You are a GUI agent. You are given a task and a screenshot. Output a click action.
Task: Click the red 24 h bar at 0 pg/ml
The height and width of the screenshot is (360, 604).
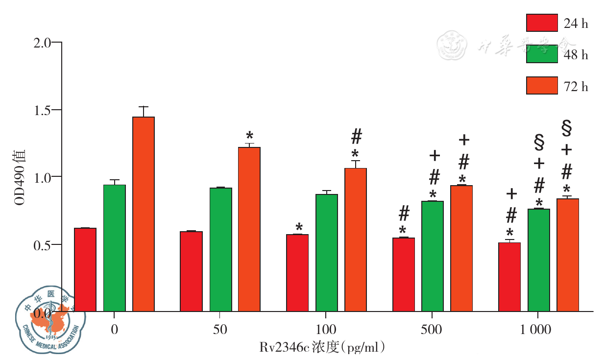(x=85, y=269)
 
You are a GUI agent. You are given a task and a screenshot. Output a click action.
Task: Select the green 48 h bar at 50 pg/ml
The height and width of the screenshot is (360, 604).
(x=220, y=249)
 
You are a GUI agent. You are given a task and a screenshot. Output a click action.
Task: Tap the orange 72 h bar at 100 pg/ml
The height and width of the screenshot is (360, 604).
(x=356, y=240)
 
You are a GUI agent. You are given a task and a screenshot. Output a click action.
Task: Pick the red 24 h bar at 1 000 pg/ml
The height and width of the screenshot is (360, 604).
(x=509, y=277)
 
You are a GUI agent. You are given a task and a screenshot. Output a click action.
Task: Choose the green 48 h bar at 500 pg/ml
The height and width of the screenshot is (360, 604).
(x=433, y=256)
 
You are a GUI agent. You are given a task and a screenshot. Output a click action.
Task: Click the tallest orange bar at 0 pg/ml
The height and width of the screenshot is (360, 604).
(x=144, y=214)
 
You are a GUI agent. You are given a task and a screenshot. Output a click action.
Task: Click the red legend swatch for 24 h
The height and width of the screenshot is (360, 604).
(x=542, y=23)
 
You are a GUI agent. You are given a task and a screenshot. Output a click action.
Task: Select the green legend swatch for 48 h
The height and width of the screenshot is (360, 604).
(x=542, y=54)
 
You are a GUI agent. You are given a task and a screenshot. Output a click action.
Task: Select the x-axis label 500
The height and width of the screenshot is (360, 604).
(x=432, y=330)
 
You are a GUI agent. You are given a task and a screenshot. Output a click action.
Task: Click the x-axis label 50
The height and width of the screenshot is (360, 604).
(x=220, y=330)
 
